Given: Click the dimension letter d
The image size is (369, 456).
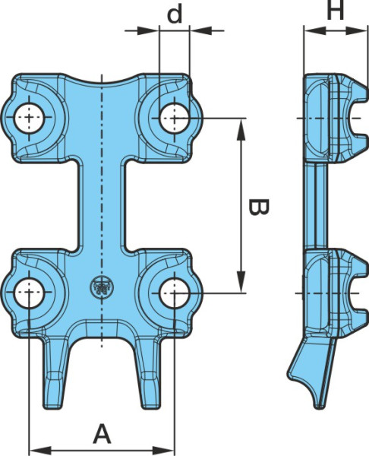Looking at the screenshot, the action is (x=175, y=14).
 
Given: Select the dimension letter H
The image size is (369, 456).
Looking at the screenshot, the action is (x=336, y=10).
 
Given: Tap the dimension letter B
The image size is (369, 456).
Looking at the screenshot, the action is (x=259, y=207).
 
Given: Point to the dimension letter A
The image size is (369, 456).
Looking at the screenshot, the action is (x=102, y=434).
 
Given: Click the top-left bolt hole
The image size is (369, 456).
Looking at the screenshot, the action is (x=30, y=118).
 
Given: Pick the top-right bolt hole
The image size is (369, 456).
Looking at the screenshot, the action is (x=175, y=118).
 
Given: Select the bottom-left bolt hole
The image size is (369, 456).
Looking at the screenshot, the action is (x=30, y=293).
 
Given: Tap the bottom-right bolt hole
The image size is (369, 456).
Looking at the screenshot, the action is (x=175, y=293).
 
